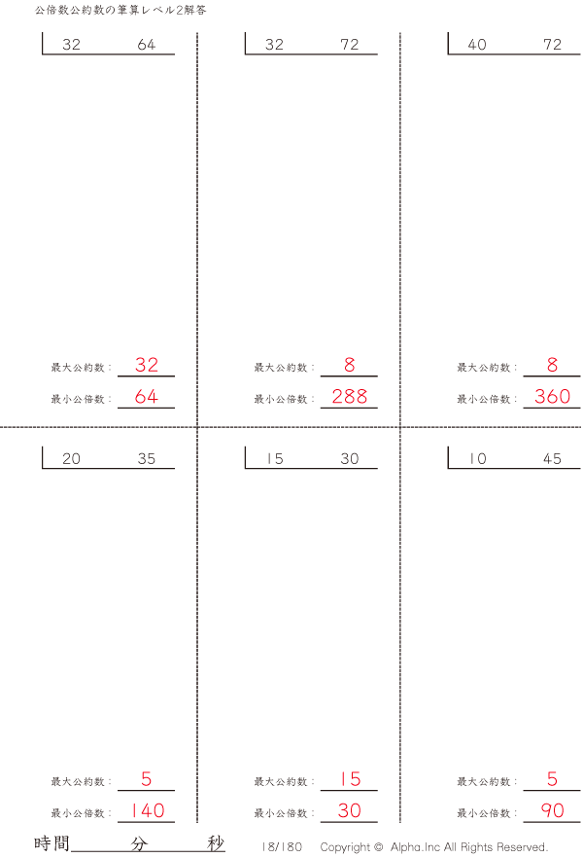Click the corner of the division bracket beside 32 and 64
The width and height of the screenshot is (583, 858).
point(43,54)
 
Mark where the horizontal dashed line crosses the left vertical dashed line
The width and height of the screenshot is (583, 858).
point(197,427)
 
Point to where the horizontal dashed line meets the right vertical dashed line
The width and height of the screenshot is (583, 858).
point(400,427)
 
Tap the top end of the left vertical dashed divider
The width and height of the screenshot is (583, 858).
point(197,33)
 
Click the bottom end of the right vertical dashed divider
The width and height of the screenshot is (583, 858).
point(400,822)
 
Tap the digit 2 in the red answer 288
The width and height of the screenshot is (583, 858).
point(338,396)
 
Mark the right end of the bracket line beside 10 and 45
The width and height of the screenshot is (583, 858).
point(580,469)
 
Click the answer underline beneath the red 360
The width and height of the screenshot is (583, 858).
point(552,408)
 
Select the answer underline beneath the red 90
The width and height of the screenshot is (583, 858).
point(552,822)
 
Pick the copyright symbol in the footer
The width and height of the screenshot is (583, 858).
point(378,846)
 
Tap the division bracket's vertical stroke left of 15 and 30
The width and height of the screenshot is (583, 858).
point(245,457)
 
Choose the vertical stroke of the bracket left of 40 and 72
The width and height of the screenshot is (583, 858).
point(448,43)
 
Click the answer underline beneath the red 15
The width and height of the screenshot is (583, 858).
point(349,790)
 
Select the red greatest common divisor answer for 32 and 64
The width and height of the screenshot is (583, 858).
point(147,365)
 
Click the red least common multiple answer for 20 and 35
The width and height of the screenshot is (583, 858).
point(148,810)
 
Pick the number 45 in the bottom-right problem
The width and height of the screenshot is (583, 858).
point(552,458)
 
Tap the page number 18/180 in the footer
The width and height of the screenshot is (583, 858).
point(282,847)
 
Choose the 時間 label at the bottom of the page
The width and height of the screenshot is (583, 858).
point(51,843)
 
